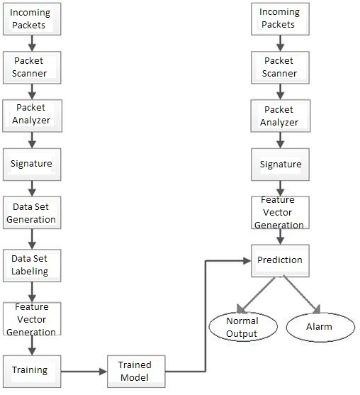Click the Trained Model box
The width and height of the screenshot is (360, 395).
coord(136,372)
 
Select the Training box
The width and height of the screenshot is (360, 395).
coord(32,372)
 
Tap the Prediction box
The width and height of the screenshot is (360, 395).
coord(280,261)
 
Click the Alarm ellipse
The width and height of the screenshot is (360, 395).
coord(320,327)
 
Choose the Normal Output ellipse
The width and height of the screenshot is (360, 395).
coord(243,327)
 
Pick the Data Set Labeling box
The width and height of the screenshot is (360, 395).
coord(32,265)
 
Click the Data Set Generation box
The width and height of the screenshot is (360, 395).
coord(32,213)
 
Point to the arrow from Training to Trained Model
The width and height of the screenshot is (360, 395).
coord(84,372)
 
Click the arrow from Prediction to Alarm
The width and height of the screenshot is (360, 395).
coord(302,294)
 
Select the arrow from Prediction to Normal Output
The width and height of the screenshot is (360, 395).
coord(256,295)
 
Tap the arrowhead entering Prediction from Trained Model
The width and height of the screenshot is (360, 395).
coord(247,261)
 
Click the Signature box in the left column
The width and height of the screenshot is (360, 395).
coord(32,165)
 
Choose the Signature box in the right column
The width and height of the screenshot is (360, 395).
coord(280,165)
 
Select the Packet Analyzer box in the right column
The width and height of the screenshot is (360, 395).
coord(281,116)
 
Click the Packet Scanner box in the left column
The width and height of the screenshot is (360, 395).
coord(32,67)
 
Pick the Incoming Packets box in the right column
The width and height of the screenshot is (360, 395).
coord(280,19)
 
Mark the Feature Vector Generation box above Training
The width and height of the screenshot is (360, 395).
coord(32,318)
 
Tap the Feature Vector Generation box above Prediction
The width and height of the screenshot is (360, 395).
coord(280,213)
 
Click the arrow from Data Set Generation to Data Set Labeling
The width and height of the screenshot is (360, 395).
coord(32,239)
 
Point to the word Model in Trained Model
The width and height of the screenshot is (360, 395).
coord(135,377)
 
